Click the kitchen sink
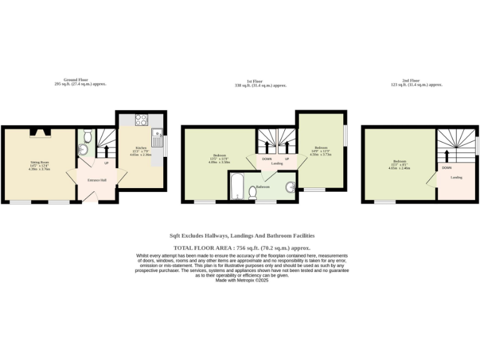(156, 132)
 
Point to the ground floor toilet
(88, 135)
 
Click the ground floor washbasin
(82, 149)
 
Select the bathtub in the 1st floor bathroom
(237, 186)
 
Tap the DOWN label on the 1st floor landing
(267, 159)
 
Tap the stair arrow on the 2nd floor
(447, 156)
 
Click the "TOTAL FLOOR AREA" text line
(241, 248)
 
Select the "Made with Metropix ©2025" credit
(241, 279)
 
